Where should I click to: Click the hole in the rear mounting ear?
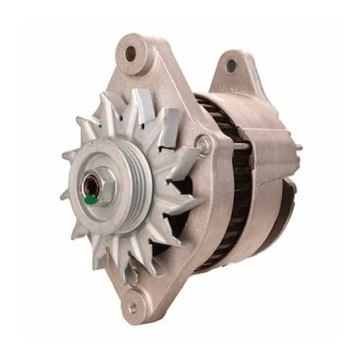click(231, 66)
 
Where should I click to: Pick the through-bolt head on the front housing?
click(205, 145)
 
